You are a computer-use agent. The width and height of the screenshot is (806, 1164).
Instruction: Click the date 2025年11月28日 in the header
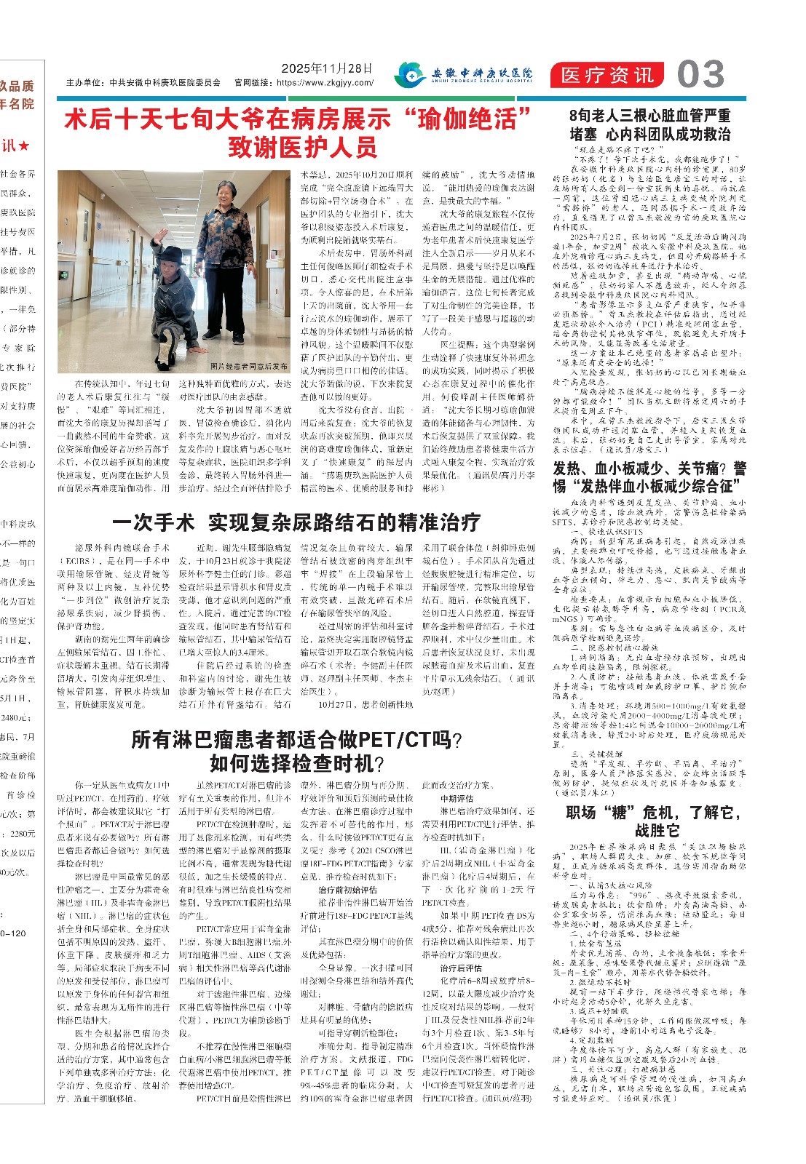click(327, 68)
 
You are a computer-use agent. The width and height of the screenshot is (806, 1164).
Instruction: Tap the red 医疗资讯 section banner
click(607, 75)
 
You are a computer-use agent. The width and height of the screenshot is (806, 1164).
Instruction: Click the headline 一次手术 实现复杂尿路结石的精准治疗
click(296, 522)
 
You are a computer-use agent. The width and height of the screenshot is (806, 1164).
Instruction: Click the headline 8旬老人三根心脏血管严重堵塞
click(650, 124)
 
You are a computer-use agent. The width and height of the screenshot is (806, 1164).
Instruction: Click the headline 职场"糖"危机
click(648, 821)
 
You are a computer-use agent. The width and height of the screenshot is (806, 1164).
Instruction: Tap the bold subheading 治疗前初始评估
click(347, 890)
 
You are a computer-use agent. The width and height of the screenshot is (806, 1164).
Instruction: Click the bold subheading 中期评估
click(457, 798)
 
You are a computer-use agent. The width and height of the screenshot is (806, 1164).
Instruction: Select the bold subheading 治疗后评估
click(461, 968)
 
